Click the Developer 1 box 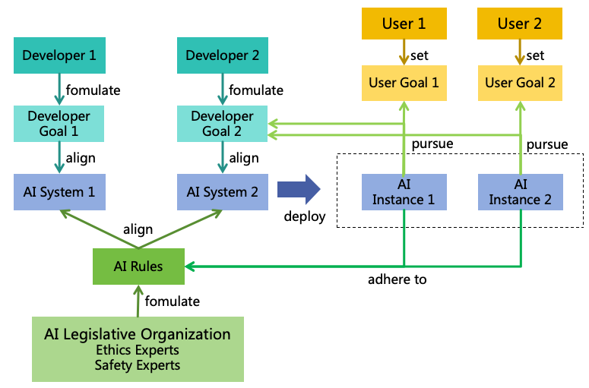pos(59,55)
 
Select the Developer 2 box pos(223,55)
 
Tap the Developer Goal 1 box pos(59,123)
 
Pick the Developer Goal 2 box pos(223,123)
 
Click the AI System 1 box pos(59,192)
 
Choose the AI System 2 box pos(223,192)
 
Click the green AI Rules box pos(138,267)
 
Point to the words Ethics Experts pos(138,350)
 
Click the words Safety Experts pos(138,365)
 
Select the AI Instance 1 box pos(403,192)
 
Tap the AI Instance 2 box pos(521,192)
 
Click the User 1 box pos(403,24)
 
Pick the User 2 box pos(521,24)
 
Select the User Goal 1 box pos(403,83)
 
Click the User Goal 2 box pos(521,83)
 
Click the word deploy pos(305,216)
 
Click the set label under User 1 pos(420,55)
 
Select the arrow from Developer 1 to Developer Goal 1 pos(59,90)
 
